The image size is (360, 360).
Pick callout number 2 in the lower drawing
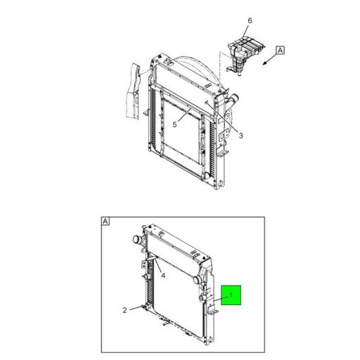124,309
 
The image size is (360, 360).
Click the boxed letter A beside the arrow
280,50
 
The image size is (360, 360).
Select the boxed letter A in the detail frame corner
105,221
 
